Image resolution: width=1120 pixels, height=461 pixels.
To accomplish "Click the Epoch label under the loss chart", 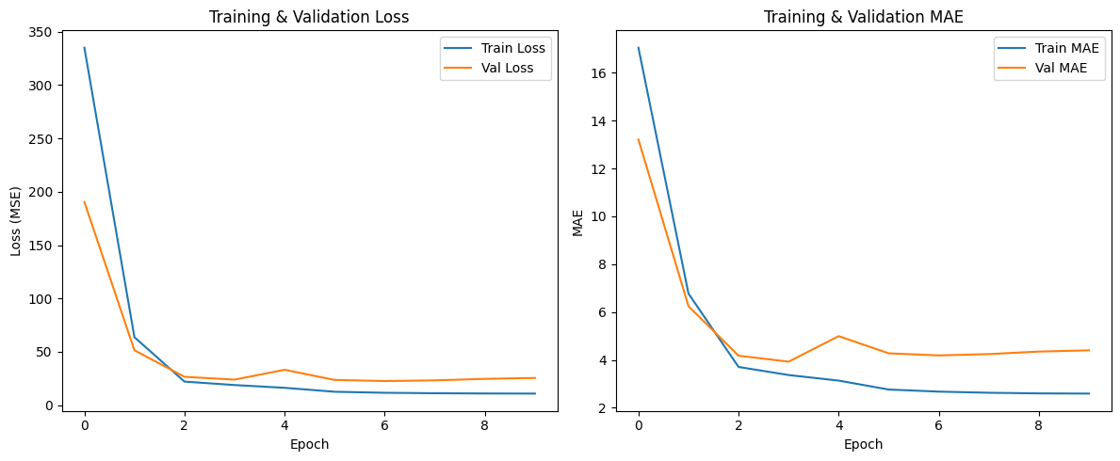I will [309, 444].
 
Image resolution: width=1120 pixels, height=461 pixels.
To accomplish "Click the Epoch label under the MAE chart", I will [863, 444].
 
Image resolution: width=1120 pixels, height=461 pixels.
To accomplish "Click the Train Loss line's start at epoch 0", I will [85, 48].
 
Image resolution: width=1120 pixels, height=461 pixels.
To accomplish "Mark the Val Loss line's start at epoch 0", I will [85, 201].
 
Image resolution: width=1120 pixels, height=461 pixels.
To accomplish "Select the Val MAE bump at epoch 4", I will [838, 336].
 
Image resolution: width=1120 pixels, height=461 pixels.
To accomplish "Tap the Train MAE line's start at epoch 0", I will [639, 48].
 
